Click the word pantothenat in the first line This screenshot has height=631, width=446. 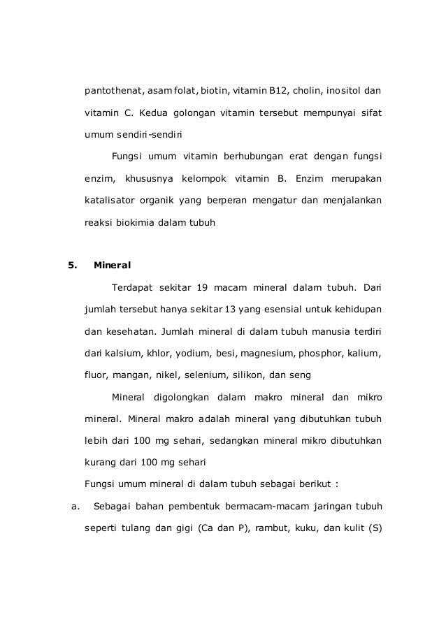point(114,92)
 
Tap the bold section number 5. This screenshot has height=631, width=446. point(71,266)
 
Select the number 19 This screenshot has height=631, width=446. point(203,287)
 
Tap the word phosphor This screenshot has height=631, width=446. point(327,353)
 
